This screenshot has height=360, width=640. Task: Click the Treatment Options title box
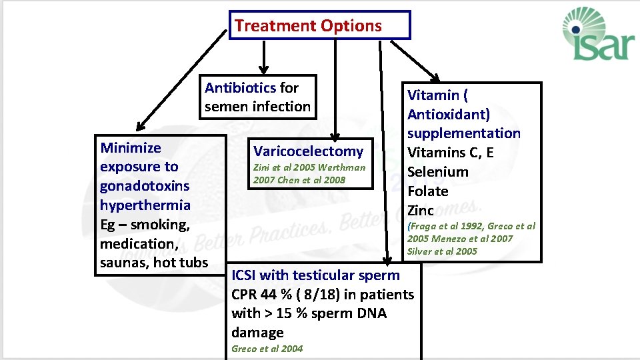pyautogui.click(x=319, y=26)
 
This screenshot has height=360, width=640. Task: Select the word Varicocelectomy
pyautogui.click(x=309, y=151)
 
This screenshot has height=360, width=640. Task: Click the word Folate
pyautogui.click(x=427, y=191)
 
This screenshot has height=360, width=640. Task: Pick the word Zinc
pyautogui.click(x=421, y=211)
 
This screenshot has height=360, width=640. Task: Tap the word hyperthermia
pyautogui.click(x=145, y=205)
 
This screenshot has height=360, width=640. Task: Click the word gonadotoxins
pyautogui.click(x=145, y=186)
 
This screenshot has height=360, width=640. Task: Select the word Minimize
pyautogui.click(x=131, y=147)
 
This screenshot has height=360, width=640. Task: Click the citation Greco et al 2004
pyautogui.click(x=267, y=349)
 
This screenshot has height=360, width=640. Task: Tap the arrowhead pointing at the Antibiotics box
pyautogui.click(x=263, y=68)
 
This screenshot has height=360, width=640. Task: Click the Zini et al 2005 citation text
pyautogui.click(x=283, y=167)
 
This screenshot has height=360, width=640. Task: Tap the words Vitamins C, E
pyautogui.click(x=451, y=153)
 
